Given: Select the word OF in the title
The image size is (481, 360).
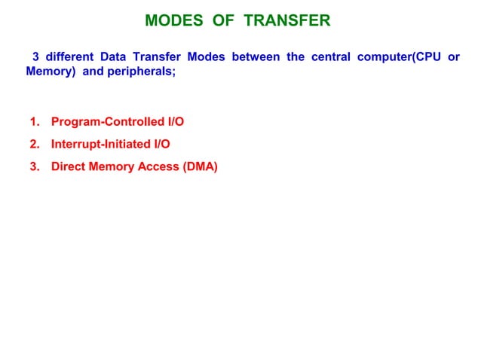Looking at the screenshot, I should (222, 20).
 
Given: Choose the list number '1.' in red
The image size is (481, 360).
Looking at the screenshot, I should (35, 121).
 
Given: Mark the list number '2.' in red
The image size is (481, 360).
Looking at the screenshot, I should (35, 144).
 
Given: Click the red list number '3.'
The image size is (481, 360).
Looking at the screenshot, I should (35, 166).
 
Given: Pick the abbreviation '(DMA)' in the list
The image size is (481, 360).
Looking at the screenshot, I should (200, 166).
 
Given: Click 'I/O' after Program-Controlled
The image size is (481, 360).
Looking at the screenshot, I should (174, 121).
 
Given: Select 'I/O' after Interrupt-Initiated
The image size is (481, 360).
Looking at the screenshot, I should (160, 144).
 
